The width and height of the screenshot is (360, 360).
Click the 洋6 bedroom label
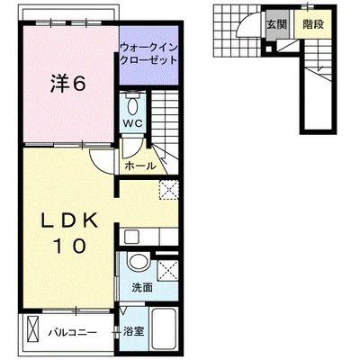coord(68,83)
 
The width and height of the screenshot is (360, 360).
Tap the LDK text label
coord(69,221)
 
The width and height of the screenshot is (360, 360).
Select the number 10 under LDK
coord(70,246)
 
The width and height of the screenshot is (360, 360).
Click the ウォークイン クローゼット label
coord(148,54)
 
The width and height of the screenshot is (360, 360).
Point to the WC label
coord(133,124)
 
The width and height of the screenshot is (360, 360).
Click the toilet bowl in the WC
coord(132,104)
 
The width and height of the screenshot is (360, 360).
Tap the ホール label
coord(140,166)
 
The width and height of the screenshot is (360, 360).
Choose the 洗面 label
coord(142,288)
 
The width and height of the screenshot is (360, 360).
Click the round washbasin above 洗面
coord(139,262)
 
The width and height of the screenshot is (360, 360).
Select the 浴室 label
coord(134,331)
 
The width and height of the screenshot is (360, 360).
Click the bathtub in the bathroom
coord(164,330)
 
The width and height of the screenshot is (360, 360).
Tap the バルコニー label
coord(73,332)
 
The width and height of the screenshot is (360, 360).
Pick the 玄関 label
coord(277,24)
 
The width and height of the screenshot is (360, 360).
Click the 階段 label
coord(313,24)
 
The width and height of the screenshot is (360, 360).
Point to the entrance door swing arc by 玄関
coord(246,22)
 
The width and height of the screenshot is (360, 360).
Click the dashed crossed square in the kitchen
coord(168,190)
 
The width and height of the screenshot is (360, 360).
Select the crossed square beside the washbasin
coord(167,271)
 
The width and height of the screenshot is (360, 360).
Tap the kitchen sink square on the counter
coord(131,237)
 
